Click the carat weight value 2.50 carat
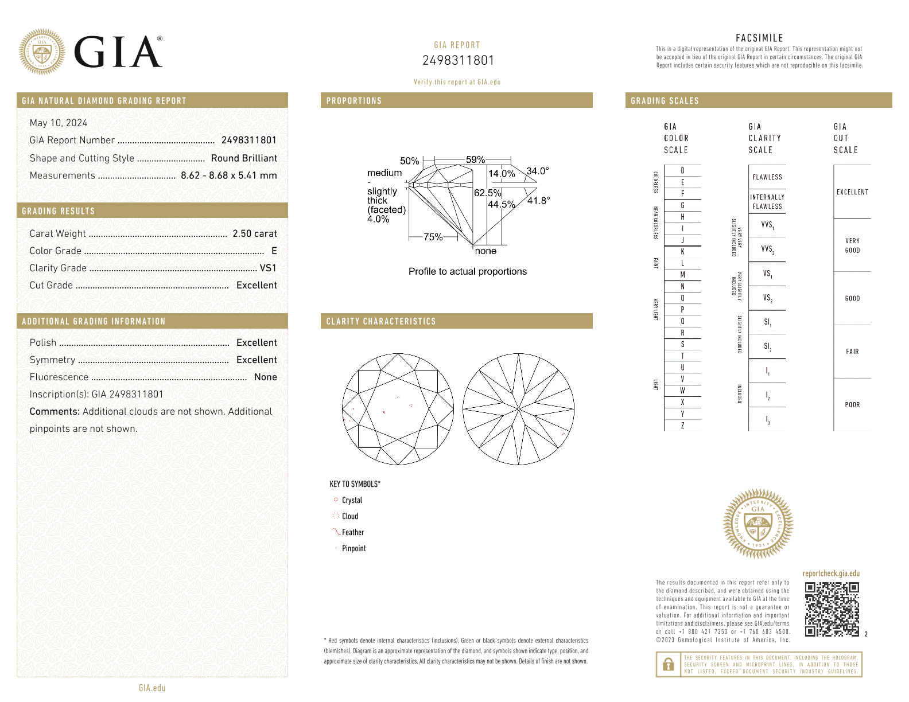coord(254,233)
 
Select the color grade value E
coord(274,251)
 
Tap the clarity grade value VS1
coord(268,268)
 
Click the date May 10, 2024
coord(59,123)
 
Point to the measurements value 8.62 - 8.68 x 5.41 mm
coord(228,175)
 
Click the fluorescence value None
coord(265,377)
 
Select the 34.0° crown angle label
coord(538,171)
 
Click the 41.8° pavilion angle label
coord(538,200)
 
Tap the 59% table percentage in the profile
coord(475,159)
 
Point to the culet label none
coord(485,251)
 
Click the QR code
coord(832,609)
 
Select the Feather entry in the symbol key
coord(352,532)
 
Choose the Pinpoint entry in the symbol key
coord(353,548)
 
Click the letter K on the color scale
coord(682,252)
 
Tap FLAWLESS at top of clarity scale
coord(767,177)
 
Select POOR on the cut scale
coord(852,404)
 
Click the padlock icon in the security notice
coord(668,665)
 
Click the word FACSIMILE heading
coord(759,38)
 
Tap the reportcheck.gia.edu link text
coord(831,573)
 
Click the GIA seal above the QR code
coord(758,524)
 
